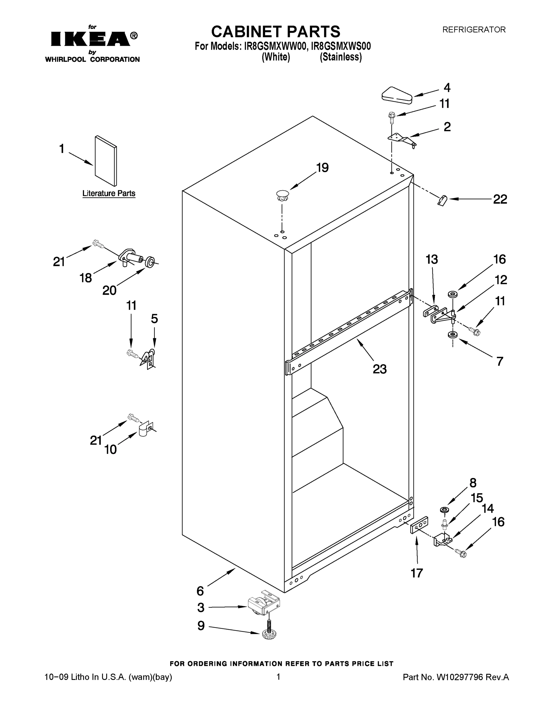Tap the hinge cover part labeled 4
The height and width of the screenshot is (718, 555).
397,95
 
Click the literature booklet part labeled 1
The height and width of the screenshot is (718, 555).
106,161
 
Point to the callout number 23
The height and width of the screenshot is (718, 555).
379,369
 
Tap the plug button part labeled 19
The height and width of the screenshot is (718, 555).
282,196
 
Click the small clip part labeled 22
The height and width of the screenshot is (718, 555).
443,200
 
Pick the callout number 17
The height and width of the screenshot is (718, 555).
416,573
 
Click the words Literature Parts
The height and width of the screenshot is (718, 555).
109,193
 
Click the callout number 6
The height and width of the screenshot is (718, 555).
200,591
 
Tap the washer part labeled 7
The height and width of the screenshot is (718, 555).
453,335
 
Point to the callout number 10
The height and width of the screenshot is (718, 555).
110,449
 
